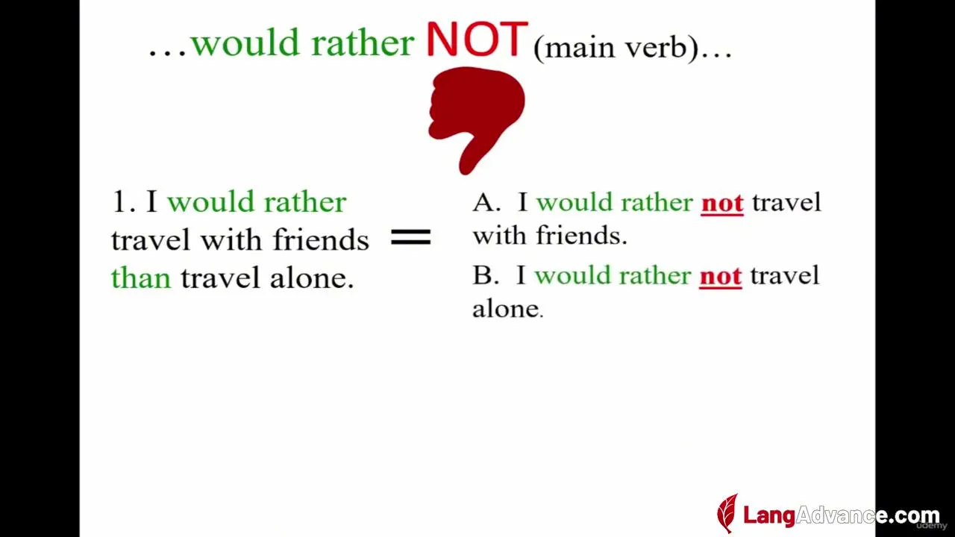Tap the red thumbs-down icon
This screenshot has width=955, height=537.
(476, 120)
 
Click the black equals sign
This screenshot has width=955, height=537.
(411, 237)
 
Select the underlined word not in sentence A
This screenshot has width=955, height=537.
(722, 204)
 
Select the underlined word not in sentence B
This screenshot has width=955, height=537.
(721, 277)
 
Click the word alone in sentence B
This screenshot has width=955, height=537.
(507, 308)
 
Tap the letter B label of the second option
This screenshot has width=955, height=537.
(485, 275)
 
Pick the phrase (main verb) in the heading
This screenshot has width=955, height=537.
(616, 48)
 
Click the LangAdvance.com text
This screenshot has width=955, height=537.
(841, 515)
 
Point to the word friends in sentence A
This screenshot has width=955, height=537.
(581, 235)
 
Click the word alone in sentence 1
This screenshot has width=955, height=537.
(311, 277)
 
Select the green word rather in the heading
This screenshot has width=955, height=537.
(363, 43)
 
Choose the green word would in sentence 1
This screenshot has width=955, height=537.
(211, 201)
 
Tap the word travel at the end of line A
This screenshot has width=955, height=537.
(786, 202)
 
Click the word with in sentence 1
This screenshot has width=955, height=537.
(231, 239)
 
